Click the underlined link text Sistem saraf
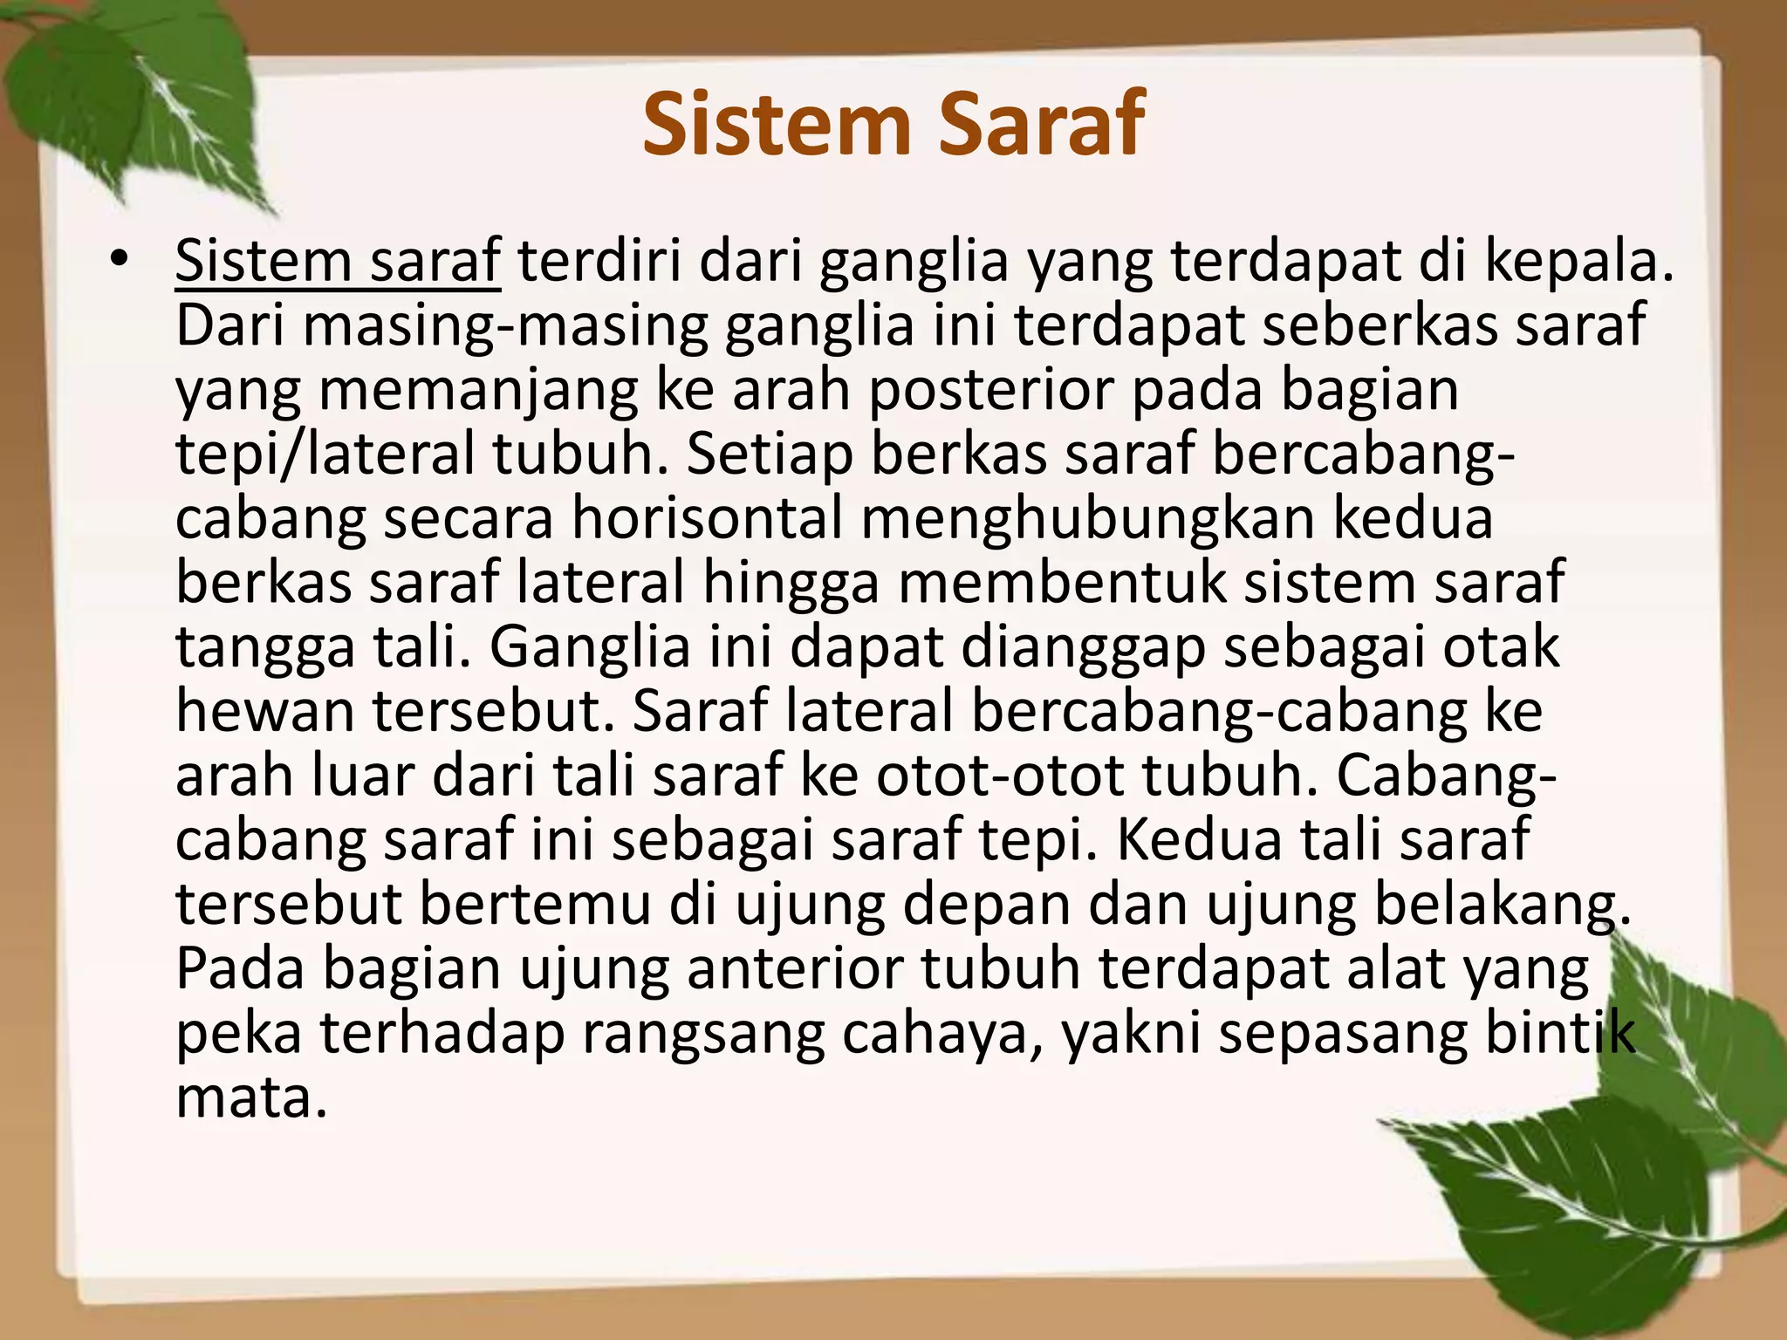tap(338, 261)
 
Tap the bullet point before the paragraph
tap(120, 259)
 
